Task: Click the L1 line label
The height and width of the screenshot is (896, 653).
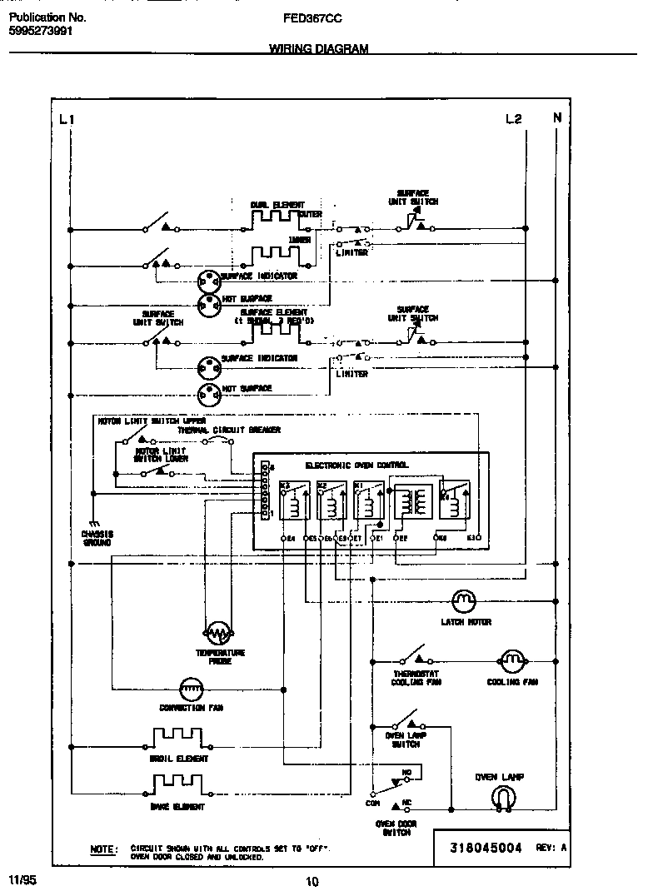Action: (67, 119)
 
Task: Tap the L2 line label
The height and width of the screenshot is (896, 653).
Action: (513, 119)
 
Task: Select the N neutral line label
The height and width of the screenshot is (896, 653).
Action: (557, 118)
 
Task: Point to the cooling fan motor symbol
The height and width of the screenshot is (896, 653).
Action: (511, 660)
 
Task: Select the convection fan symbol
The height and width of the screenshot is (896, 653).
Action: (192, 688)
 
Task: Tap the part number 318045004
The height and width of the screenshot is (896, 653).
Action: (486, 848)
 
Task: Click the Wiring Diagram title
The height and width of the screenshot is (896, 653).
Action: (319, 49)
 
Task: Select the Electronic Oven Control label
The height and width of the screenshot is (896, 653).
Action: (356, 465)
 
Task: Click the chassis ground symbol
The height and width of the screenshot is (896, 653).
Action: (94, 521)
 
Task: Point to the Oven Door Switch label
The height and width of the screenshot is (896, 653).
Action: (396, 828)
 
